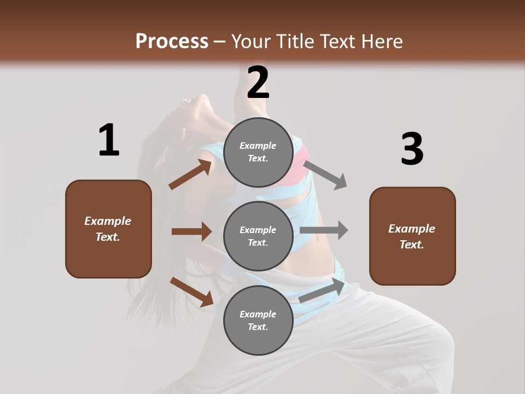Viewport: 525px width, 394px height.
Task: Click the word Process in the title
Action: [x=172, y=41]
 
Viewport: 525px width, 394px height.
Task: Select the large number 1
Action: [x=109, y=141]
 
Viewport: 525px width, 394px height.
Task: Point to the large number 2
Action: [x=258, y=83]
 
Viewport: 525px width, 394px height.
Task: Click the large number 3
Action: [x=412, y=149]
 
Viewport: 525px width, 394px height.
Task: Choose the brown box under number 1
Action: [x=108, y=229]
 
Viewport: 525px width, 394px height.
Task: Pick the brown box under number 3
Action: [x=412, y=236]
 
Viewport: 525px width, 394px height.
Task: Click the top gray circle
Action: [x=258, y=152]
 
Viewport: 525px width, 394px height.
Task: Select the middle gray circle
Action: [x=258, y=236]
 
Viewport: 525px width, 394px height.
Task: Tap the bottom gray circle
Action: [x=258, y=320]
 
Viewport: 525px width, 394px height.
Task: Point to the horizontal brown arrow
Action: [x=191, y=231]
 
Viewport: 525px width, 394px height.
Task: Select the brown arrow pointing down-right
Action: [x=192, y=292]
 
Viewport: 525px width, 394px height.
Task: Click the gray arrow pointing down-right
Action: [x=325, y=175]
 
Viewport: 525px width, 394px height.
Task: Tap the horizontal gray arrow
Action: [x=324, y=230]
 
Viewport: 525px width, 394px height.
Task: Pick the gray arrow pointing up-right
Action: [x=323, y=291]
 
